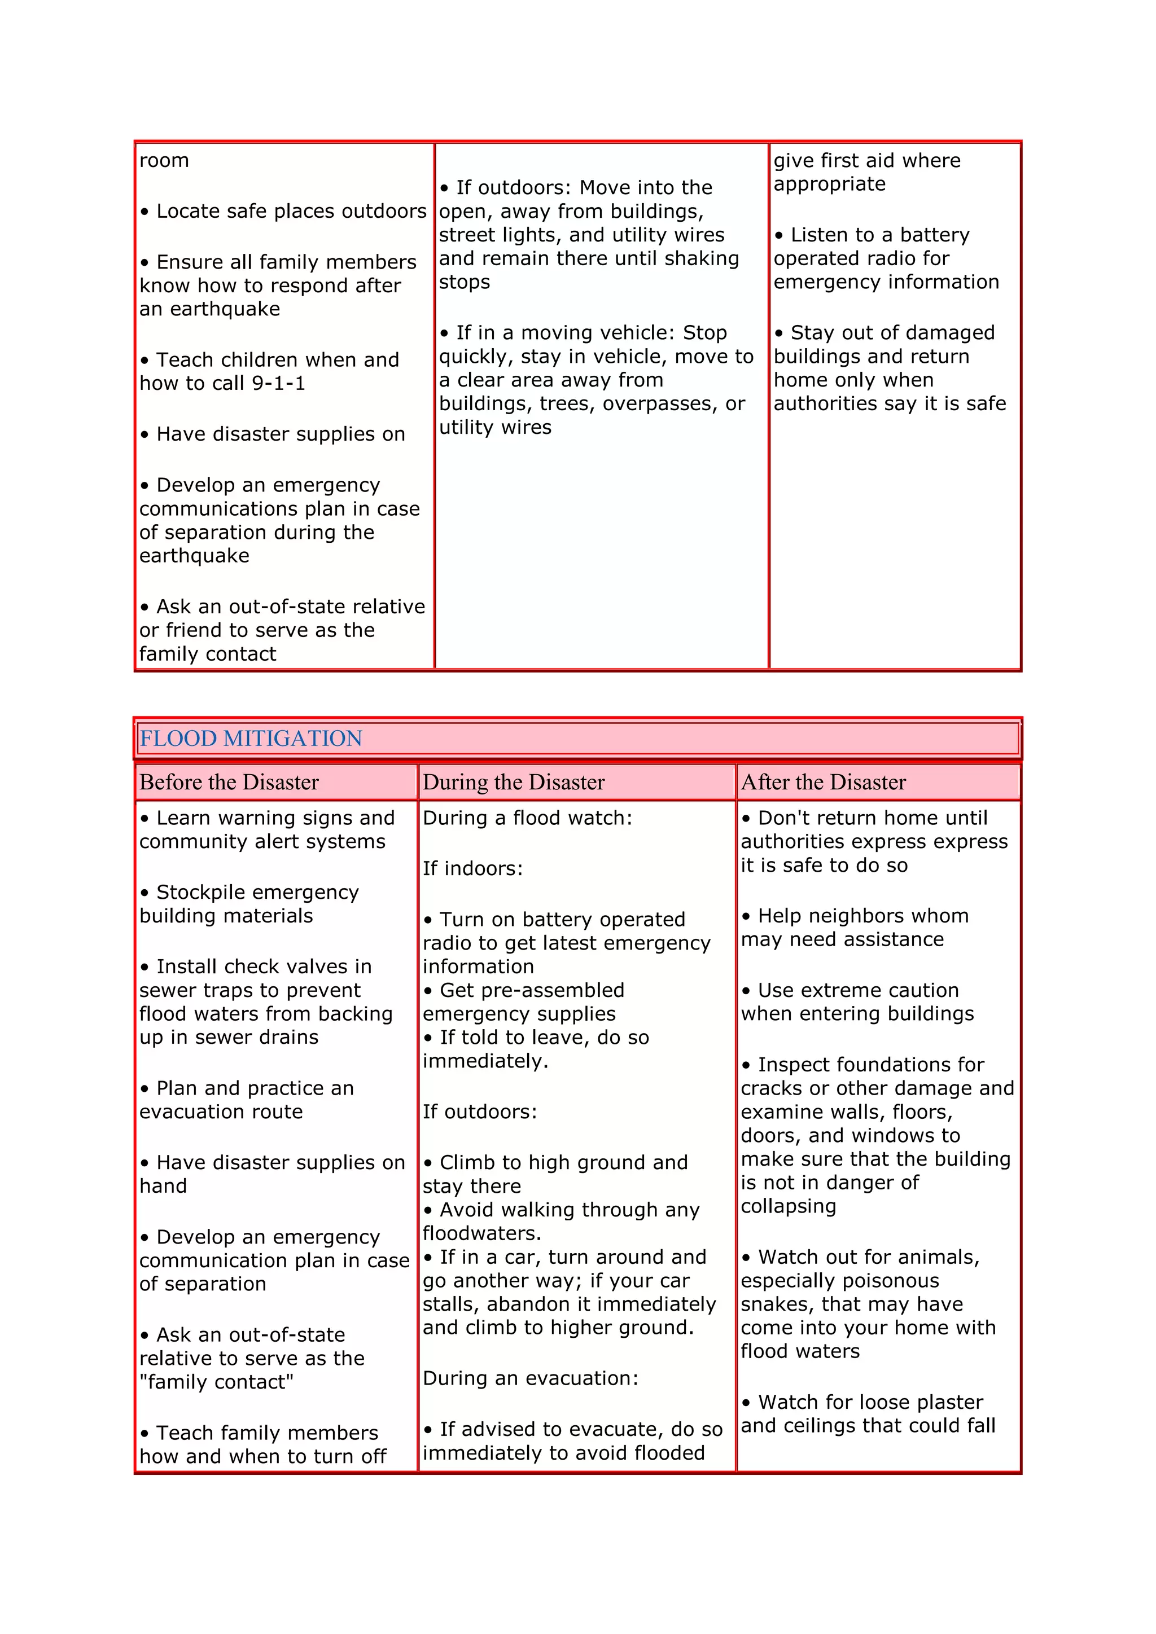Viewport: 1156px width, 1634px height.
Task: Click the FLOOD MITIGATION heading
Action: coord(251,738)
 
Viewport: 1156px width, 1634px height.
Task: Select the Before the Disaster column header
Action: coord(229,782)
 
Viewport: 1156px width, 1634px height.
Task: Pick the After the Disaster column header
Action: coord(824,782)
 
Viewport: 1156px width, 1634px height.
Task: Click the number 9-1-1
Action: coord(278,384)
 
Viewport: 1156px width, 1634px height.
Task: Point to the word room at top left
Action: coord(164,161)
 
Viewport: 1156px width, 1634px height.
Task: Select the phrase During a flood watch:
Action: coord(527,819)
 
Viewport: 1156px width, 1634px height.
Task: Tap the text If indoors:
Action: coord(472,869)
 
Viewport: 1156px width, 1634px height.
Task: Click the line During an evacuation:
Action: coord(531,1378)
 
